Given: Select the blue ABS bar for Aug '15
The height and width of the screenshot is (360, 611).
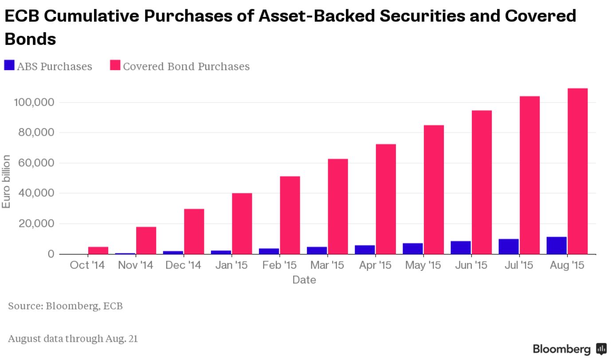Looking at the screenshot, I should pyautogui.click(x=556, y=245).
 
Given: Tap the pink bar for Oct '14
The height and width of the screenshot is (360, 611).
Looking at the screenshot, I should pyautogui.click(x=98, y=250).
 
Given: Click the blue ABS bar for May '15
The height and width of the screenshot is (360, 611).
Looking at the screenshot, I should pyautogui.click(x=413, y=248).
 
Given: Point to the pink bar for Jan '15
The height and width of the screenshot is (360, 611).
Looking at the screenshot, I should pyautogui.click(x=242, y=223).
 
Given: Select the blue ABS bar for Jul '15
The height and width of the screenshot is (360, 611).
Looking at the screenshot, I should pyautogui.click(x=509, y=247).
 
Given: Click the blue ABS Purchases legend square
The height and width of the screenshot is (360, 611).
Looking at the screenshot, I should pyautogui.click(x=9, y=66).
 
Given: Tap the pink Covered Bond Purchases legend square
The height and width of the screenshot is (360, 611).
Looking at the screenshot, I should pyautogui.click(x=115, y=66).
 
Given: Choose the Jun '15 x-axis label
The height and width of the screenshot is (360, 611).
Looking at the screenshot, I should pyautogui.click(x=471, y=265).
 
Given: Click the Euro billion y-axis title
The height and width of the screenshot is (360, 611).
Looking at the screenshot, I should pyautogui.click(x=6, y=181).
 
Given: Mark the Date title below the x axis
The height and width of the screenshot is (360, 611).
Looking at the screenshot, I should pyautogui.click(x=304, y=280).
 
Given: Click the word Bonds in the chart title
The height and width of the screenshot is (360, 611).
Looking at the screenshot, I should pyautogui.click(x=30, y=39).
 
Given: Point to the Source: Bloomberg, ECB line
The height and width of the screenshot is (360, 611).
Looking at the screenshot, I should pyautogui.click(x=65, y=306).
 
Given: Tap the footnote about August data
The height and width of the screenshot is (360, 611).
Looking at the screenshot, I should pyautogui.click(x=73, y=339).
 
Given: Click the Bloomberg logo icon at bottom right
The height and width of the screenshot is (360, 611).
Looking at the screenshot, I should pyautogui.click(x=601, y=348).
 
